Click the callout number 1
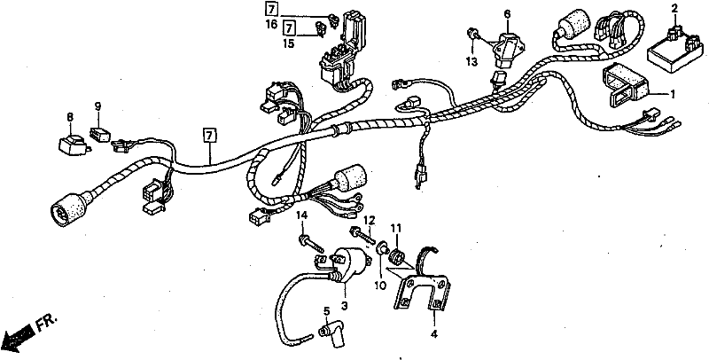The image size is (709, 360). coord(672,94)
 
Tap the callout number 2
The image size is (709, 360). coord(674,9)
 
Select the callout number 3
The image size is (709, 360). coord(345,306)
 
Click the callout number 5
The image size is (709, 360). coord(326,310)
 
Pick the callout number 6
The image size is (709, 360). coord(508,14)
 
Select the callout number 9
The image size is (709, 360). coord(97,108)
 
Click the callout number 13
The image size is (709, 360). coord(471,61)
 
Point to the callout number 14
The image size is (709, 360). coord(301,215)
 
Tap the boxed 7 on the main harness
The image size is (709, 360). coord(209,136)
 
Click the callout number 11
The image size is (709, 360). coord(396,228)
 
